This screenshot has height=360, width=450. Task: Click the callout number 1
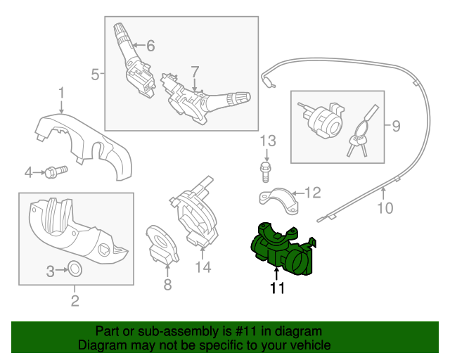pyautogui.click(x=61, y=92)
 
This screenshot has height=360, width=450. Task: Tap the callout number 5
pyautogui.click(x=95, y=72)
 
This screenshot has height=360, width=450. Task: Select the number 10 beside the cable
pyautogui.click(x=385, y=207)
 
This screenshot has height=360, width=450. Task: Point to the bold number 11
pyautogui.click(x=277, y=288)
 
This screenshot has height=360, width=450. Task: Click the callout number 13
pyautogui.click(x=266, y=141)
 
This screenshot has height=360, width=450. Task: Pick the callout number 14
pyautogui.click(x=202, y=266)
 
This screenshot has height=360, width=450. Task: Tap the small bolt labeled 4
pyautogui.click(x=55, y=170)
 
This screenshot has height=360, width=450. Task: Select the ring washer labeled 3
pyautogui.click(x=74, y=269)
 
